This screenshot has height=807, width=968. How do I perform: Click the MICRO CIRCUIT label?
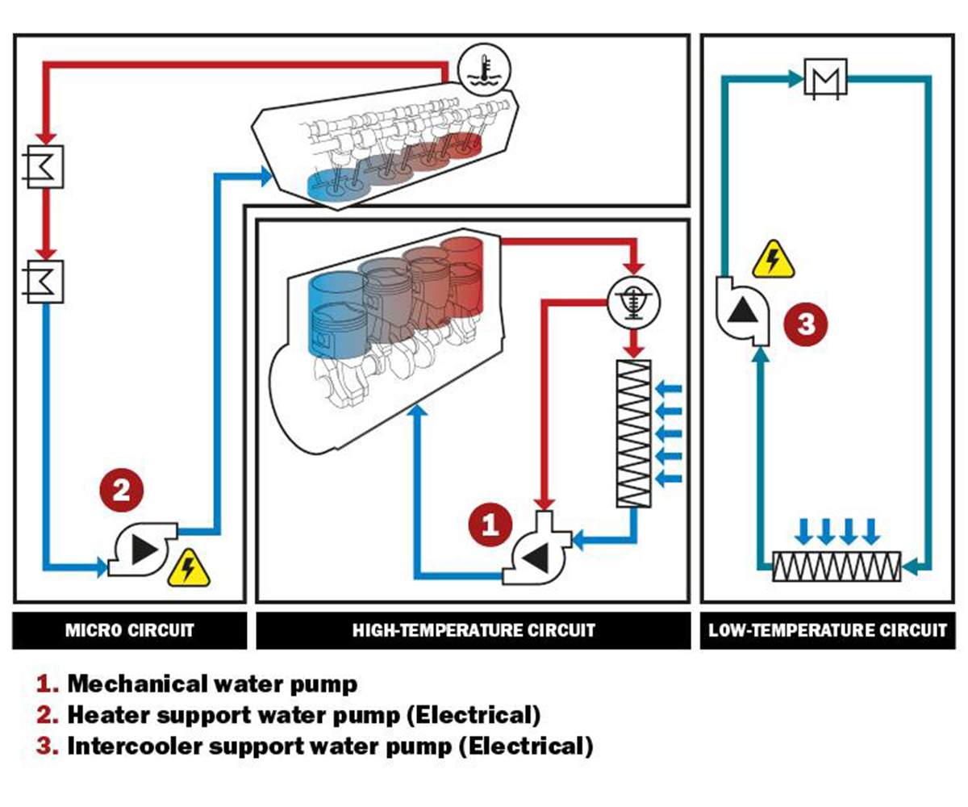click(129, 630)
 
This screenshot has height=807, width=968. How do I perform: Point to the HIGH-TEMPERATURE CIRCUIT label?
click(474, 630)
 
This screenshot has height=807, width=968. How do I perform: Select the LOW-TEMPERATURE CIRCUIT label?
click(828, 630)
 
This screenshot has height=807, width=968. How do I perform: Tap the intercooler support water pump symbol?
click(741, 311)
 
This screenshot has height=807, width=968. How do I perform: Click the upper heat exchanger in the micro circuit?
click(45, 166)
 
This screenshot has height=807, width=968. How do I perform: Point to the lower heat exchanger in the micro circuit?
click(45, 282)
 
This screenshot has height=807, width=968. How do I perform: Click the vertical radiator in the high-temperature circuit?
click(633, 433)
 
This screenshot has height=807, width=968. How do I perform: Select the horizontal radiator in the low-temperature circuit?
click(837, 567)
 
